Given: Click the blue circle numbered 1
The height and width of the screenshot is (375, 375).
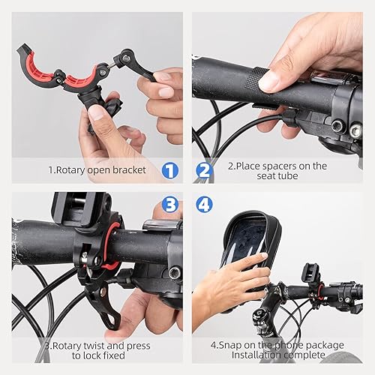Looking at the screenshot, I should [170, 170].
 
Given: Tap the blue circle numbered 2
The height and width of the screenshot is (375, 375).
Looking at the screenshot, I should [205, 170].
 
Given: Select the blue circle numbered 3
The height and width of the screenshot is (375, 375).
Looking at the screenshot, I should [170, 205].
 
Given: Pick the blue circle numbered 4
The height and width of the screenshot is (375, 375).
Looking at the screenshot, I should [205, 205].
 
